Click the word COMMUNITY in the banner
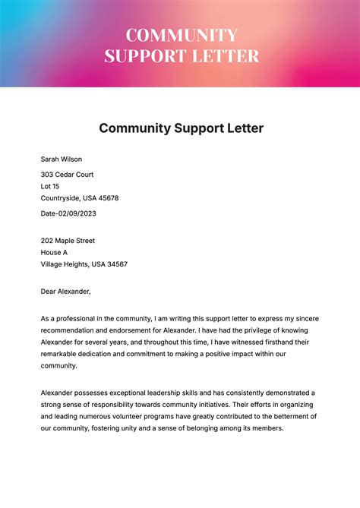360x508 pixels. click(x=182, y=36)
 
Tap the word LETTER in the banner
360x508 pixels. click(x=226, y=55)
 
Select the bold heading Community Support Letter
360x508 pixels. click(x=181, y=128)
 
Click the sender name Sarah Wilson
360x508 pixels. click(x=62, y=159)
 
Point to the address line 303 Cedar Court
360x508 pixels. click(x=71, y=174)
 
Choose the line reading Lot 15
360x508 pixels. click(x=50, y=186)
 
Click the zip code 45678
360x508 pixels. click(x=107, y=198)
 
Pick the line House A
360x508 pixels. click(x=55, y=253)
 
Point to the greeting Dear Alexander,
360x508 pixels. click(x=65, y=291)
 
